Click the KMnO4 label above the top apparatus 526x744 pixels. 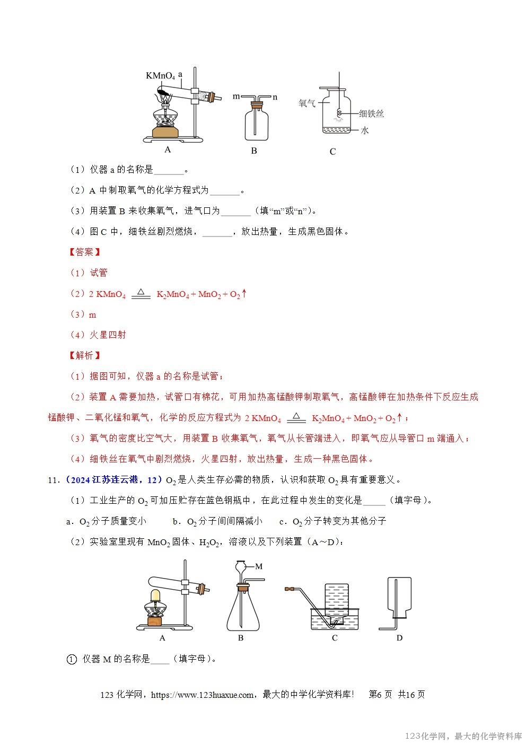click(160, 76)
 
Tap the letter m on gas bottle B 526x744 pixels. click(236, 97)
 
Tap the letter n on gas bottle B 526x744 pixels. click(275, 97)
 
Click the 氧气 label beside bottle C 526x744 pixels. click(307, 103)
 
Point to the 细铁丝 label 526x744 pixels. click(371, 113)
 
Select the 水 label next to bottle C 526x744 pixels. click(364, 130)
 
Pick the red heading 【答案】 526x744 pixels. click(85, 252)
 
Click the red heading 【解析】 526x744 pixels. click(85, 355)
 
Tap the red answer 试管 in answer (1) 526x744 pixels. click(99, 273)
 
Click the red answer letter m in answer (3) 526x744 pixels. click(92, 314)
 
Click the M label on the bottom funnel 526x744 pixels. click(259, 566)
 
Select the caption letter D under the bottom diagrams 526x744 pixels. click(399, 637)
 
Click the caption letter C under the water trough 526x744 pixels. click(335, 637)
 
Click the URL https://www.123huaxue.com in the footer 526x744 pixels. click(202, 695)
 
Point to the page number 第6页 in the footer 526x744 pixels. click(380, 695)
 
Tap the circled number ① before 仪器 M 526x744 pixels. click(72, 659)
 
